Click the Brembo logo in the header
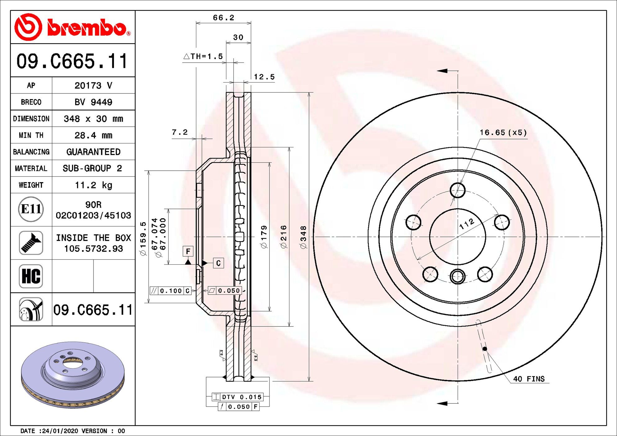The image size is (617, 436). tap(73, 27)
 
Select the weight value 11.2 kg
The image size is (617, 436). tap(93, 185)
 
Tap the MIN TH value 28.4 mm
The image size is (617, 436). tap(93, 135)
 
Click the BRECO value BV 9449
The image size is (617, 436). tap(93, 102)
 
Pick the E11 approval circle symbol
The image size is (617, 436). tap(31, 209)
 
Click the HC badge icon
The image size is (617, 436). tap(31, 276)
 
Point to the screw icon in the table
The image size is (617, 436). tap(31, 243)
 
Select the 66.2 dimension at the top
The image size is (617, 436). tap(224, 18)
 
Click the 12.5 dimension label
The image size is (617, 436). tap(264, 77)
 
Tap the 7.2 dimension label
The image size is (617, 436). tap(180, 132)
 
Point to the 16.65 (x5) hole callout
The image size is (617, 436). tap(503, 133)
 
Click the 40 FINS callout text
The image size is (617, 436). tap(529, 379)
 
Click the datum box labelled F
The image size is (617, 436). tap(188, 251)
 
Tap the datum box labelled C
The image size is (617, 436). tap(218, 263)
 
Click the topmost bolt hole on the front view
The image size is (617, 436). tap(458, 190)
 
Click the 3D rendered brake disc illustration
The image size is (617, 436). tap(73, 375)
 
